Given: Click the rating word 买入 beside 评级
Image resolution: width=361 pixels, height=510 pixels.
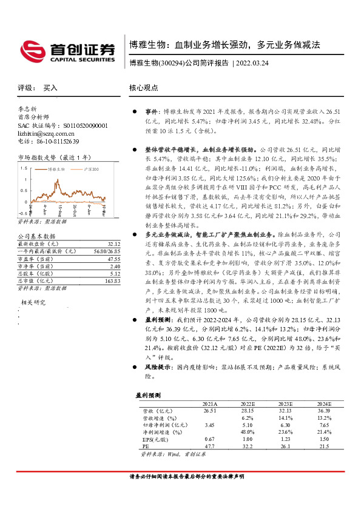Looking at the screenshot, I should point(50,88).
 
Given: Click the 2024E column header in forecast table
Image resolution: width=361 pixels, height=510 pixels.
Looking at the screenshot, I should point(324,403).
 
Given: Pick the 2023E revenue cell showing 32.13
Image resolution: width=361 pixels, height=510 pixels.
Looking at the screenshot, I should point(285,411).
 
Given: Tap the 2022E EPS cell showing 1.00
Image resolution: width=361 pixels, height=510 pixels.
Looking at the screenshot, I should point(247,439).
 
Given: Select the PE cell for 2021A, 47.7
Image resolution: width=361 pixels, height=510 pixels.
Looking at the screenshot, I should point(209,446).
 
